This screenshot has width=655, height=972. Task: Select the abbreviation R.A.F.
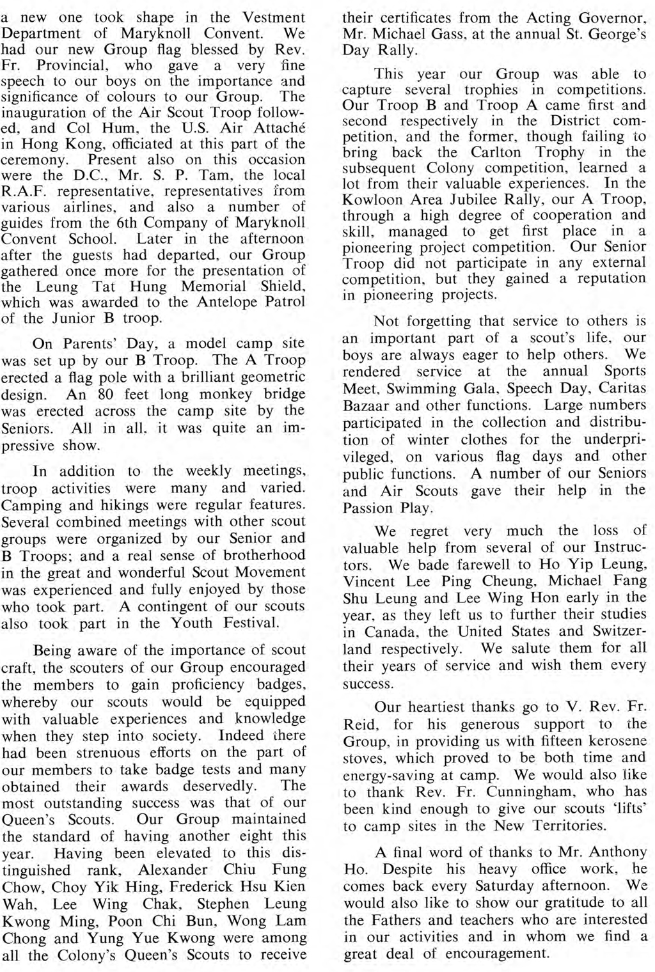(22, 191)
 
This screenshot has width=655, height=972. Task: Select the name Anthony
(614, 852)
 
